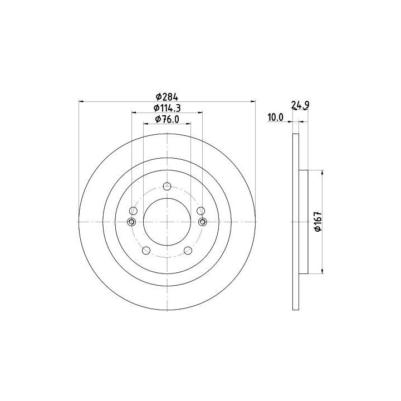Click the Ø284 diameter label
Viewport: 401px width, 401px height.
click(167, 97)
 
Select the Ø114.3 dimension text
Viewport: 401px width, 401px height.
click(167, 108)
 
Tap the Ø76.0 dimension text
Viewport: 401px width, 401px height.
click(167, 119)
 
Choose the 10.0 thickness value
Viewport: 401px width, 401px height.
click(276, 118)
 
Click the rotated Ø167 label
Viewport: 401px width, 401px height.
click(318, 222)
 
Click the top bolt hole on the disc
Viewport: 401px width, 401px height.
click(167, 186)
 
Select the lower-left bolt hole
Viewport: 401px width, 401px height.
click(146, 251)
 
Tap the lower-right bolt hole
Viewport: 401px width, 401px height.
click(188, 251)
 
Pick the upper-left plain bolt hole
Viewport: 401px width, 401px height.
click(133, 211)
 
